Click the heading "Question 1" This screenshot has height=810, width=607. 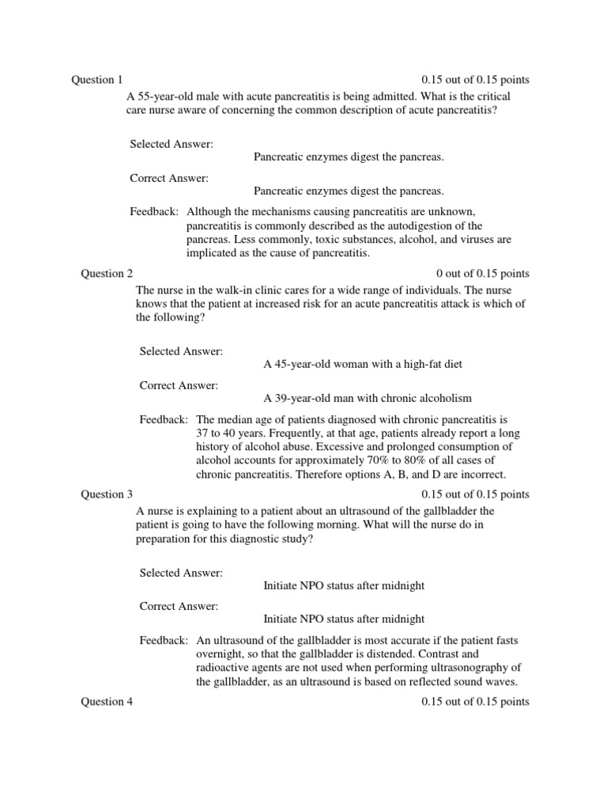97,80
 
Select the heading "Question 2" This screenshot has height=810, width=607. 107,274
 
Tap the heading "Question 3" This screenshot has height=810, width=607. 107,494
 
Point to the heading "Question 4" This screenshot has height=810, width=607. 107,702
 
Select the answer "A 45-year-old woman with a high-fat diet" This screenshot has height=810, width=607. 362,364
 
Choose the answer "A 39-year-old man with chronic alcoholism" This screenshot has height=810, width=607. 368,398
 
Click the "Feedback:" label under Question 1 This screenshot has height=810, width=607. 154,212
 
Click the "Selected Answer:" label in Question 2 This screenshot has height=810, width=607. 181,350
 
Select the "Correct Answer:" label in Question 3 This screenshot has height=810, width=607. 179,606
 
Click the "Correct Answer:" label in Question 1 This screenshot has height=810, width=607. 169,178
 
